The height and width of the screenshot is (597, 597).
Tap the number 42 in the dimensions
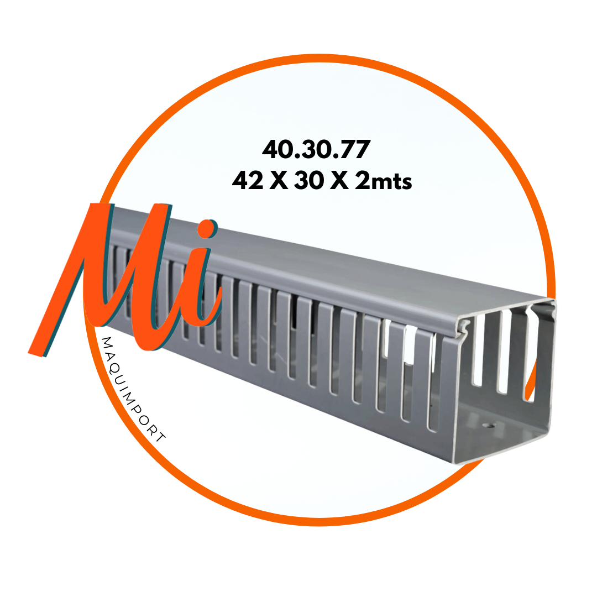tap(248, 180)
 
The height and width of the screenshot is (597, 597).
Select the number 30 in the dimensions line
tap(309, 180)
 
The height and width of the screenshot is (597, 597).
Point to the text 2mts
tap(383, 180)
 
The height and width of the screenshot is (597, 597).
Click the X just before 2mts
tap(339, 180)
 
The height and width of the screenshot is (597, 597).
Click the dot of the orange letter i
tap(207, 229)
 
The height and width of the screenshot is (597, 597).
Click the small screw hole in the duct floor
tap(489, 424)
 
